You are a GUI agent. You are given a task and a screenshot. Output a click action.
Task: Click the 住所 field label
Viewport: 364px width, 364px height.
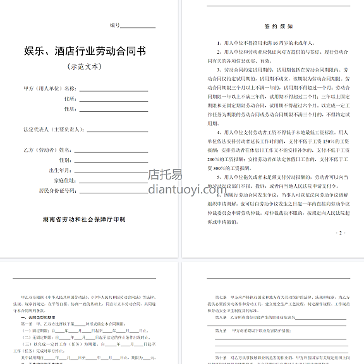point(70,99)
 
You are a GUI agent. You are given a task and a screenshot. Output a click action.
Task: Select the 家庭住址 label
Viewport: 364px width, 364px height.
point(66,180)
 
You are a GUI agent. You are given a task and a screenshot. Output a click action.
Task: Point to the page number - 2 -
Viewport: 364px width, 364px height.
point(342,233)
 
